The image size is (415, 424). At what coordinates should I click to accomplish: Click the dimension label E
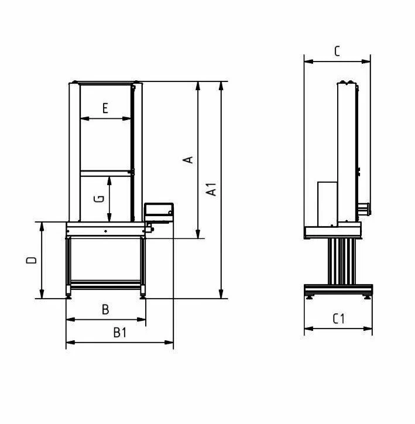click(x=105, y=108)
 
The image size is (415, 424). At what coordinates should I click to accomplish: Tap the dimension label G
click(x=99, y=199)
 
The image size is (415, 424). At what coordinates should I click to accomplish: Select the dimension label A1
click(x=211, y=189)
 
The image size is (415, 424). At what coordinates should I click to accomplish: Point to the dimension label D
click(x=32, y=260)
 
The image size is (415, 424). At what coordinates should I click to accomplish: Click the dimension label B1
click(x=120, y=333)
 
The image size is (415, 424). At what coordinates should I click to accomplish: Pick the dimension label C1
click(x=338, y=319)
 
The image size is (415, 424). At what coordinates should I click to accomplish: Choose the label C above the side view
click(x=337, y=51)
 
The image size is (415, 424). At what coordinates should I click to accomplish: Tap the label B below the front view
click(x=105, y=310)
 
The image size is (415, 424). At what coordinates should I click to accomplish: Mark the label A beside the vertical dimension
click(x=188, y=160)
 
